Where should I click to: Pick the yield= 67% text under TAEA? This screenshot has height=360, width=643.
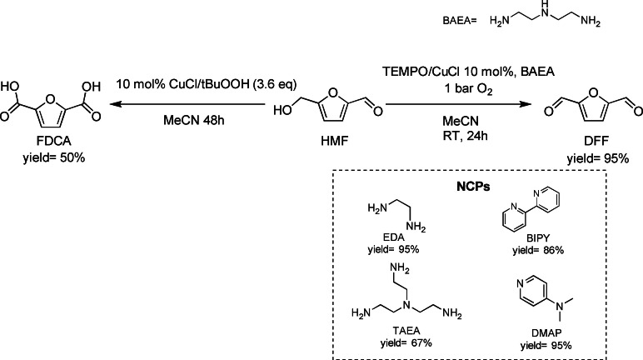coord(401,343)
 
